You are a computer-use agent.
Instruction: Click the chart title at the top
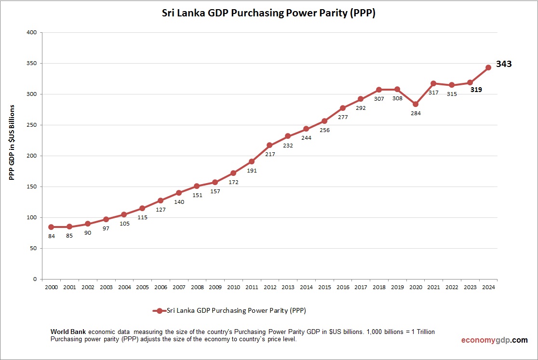click(x=269, y=13)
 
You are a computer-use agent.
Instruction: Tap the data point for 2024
click(x=488, y=67)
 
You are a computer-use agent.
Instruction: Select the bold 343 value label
click(x=504, y=64)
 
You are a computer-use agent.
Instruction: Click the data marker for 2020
click(x=415, y=104)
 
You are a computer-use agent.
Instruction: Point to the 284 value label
click(x=415, y=114)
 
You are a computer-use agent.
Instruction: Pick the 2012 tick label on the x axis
click(x=269, y=287)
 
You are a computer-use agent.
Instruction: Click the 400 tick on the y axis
click(x=31, y=33)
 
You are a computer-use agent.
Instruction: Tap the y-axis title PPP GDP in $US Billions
click(x=12, y=143)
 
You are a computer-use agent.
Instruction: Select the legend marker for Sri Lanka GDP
click(x=160, y=311)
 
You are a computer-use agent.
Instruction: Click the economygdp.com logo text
click(x=494, y=340)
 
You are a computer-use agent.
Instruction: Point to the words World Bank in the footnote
click(x=68, y=332)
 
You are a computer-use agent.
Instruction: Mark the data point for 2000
click(x=51, y=227)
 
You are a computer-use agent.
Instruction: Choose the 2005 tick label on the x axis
click(x=142, y=287)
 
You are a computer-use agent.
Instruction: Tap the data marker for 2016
click(x=342, y=108)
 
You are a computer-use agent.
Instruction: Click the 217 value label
click(x=269, y=155)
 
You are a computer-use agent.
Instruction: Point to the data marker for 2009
click(x=215, y=182)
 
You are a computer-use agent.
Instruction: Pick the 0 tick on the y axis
click(x=35, y=279)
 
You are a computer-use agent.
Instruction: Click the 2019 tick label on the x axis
click(x=397, y=287)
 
